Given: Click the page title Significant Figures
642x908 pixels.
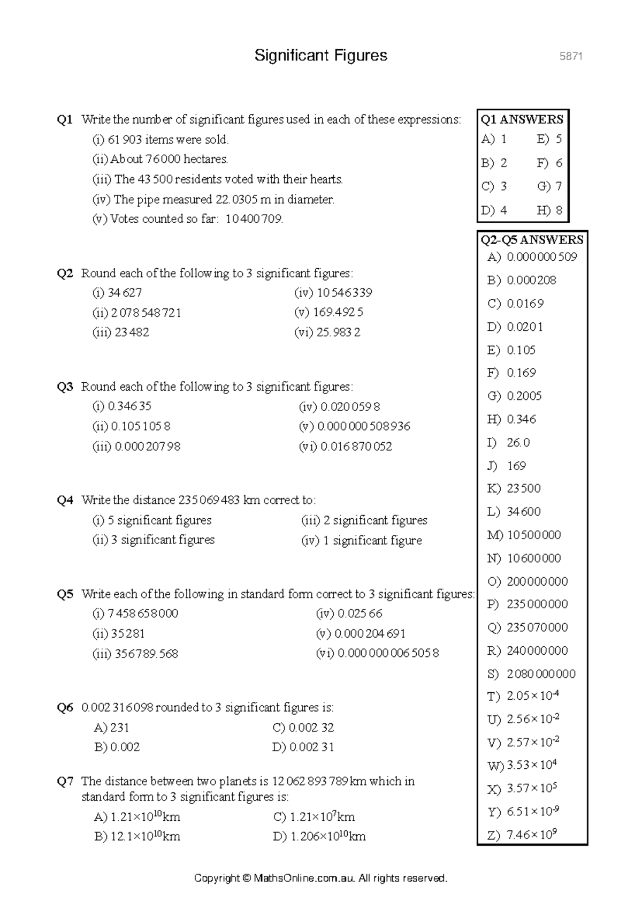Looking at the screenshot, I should tap(320, 56).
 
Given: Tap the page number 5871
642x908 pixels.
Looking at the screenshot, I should tap(570, 56).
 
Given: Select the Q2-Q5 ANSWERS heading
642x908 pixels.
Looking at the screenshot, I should tap(532, 239).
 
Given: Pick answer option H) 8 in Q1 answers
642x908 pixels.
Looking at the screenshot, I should tap(549, 210).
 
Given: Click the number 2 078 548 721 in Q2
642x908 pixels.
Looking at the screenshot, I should tap(146, 313).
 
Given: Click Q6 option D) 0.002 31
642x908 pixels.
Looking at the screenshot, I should tap(303, 747).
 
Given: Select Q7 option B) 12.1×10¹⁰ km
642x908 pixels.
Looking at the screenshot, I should tap(137, 836).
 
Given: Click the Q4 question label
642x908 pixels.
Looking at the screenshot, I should tap(65, 501).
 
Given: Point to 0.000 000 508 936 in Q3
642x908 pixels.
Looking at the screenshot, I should tap(364, 427).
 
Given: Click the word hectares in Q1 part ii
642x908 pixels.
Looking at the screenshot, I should tap(205, 160).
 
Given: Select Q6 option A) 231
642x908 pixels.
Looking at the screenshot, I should tap(112, 728).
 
